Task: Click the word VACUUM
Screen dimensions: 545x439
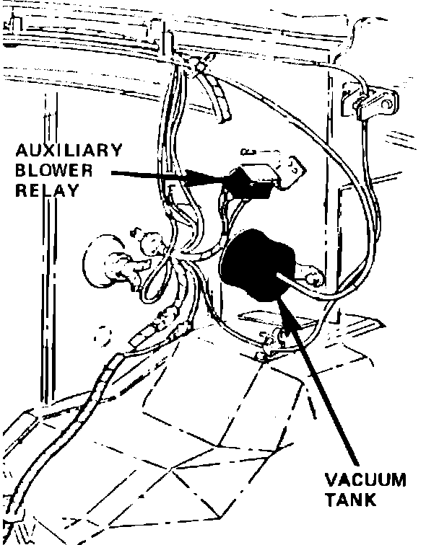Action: click(365, 480)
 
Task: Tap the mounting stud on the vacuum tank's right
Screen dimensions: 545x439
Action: click(312, 275)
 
